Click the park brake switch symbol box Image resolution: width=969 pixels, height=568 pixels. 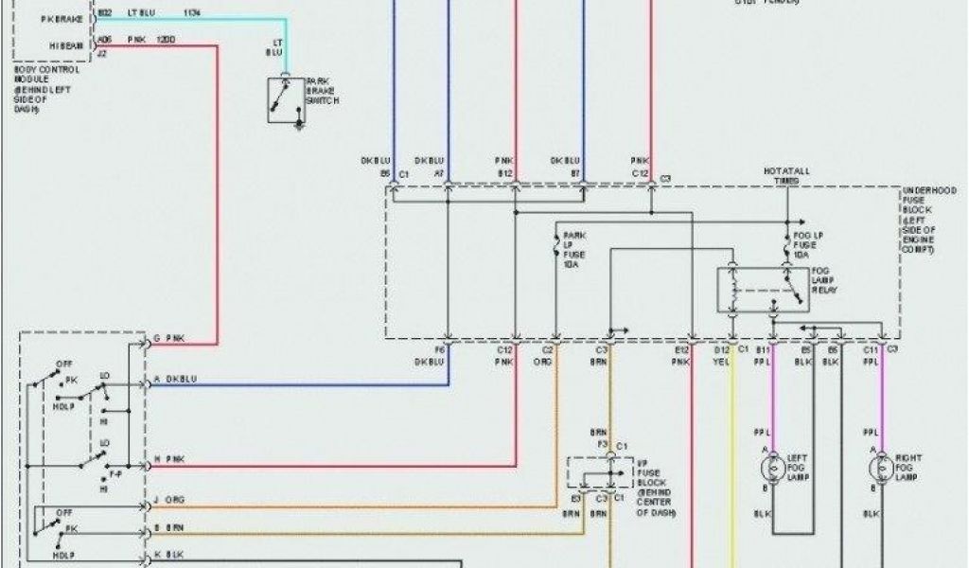287,98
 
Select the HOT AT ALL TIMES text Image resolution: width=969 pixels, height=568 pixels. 786,175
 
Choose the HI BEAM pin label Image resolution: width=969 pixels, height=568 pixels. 65,44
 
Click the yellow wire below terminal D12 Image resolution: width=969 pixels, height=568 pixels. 731,454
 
